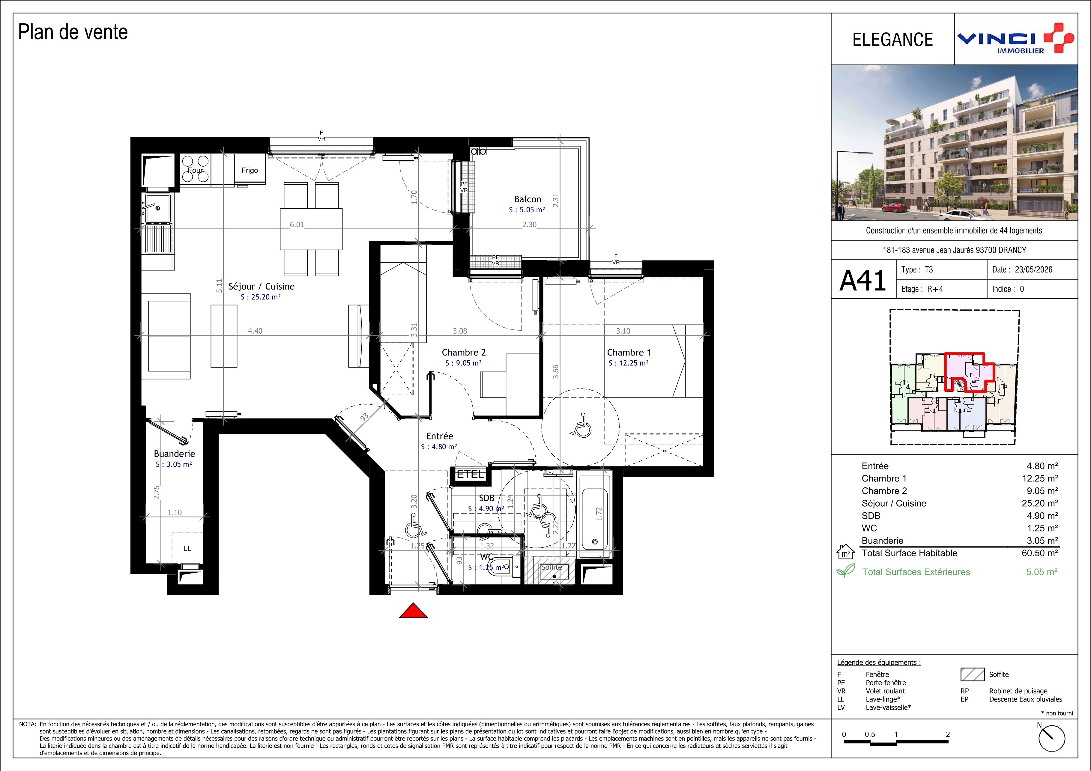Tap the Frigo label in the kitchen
pyautogui.click(x=250, y=170)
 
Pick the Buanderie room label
pyautogui.click(x=175, y=454)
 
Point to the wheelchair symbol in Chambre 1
pyautogui.click(x=580, y=425)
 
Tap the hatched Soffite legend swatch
pyautogui.click(x=972, y=674)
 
